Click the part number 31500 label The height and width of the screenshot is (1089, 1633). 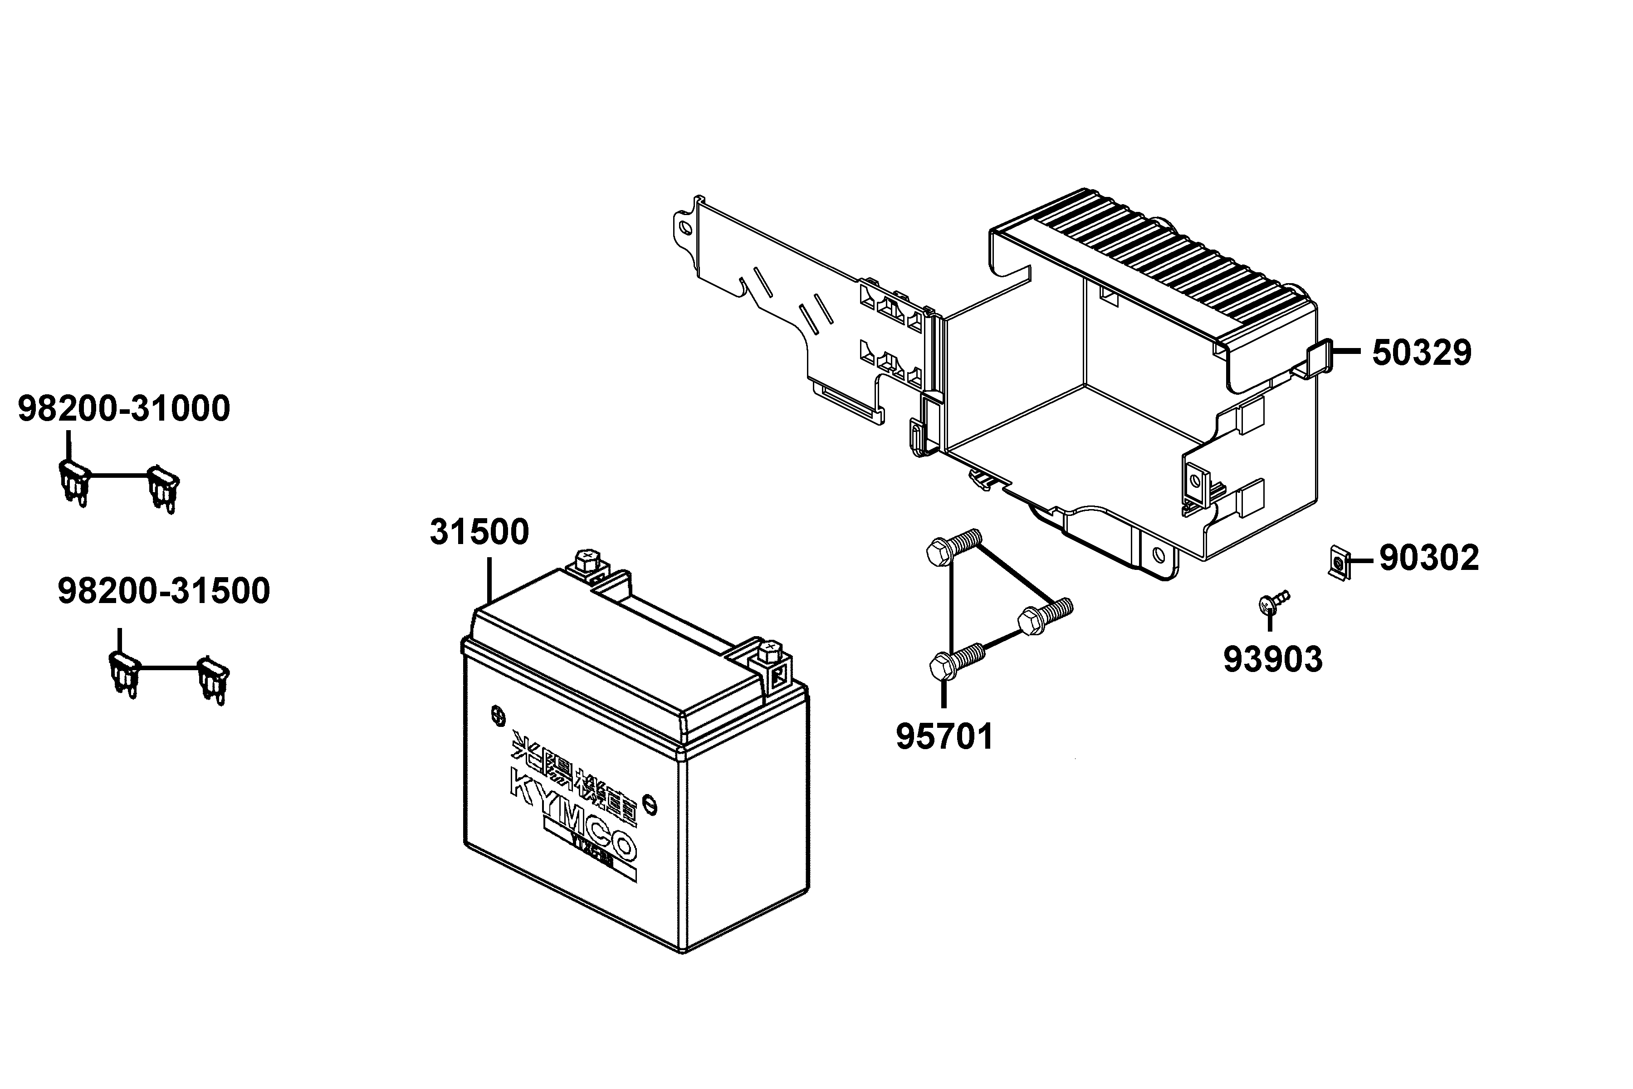(x=479, y=533)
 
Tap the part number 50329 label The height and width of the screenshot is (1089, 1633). (x=1421, y=353)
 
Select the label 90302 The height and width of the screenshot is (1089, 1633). (x=1429, y=558)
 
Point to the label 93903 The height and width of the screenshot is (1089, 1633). (x=1273, y=659)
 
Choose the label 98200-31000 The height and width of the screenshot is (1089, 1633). (x=123, y=409)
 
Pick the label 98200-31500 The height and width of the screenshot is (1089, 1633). (x=163, y=591)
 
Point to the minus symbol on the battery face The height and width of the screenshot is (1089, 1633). (x=650, y=803)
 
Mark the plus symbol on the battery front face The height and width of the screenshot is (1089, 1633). (x=498, y=715)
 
